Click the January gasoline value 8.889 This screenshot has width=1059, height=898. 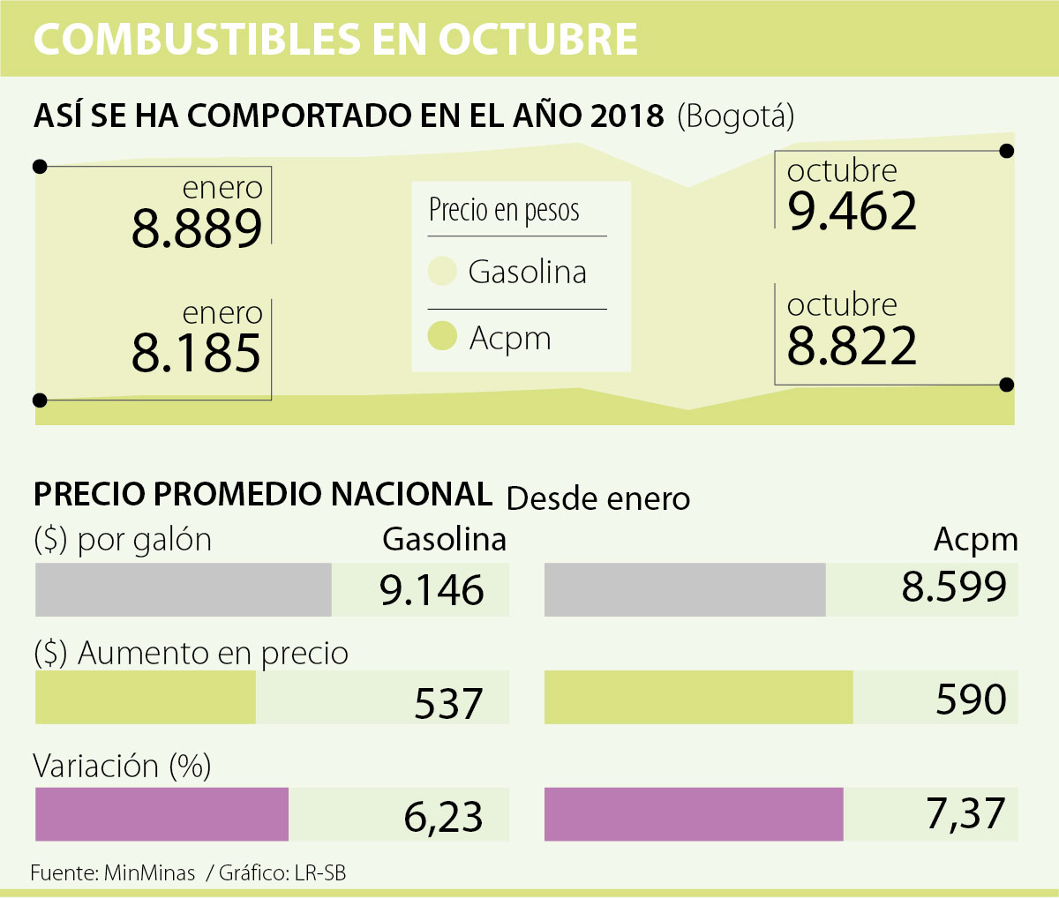[197, 229]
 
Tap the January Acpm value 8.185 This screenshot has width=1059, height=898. [197, 354]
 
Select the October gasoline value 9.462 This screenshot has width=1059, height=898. [852, 212]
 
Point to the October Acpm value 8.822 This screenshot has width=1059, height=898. [852, 346]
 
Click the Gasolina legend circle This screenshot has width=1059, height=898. [442, 272]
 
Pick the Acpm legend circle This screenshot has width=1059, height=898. [442, 336]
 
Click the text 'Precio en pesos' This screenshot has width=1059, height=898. [504, 211]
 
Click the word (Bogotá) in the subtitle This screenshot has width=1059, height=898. [735, 116]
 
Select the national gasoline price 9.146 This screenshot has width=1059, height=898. [432, 590]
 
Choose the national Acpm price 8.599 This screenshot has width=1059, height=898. [954, 587]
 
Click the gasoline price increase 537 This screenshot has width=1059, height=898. [448, 703]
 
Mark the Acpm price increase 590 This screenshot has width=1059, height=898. [971, 700]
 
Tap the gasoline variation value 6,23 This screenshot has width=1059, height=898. [443, 818]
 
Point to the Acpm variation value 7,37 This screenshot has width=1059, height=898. [965, 813]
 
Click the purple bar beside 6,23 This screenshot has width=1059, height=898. [161, 813]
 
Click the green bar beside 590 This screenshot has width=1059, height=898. [698, 698]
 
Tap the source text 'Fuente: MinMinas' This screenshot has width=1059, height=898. [113, 873]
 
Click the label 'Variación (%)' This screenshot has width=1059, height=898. [122, 766]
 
